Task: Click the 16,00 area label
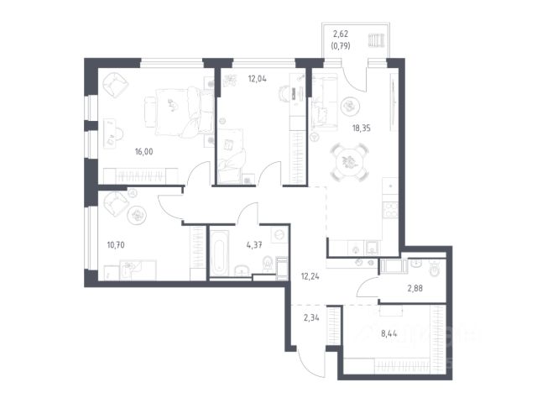point(143,151)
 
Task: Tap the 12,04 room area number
point(258,79)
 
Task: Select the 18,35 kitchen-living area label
point(362,128)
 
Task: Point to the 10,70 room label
point(116,245)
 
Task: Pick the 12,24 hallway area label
point(310,276)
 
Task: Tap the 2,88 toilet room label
point(414,289)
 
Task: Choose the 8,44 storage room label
point(389,333)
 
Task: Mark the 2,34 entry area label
point(311,318)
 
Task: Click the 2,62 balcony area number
point(341,34)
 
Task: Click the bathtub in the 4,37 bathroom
point(219,253)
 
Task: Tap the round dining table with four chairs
point(350,161)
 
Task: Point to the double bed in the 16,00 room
point(179,113)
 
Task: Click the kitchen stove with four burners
point(390,210)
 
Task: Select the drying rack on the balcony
point(377,40)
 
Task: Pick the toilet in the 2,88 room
point(435,269)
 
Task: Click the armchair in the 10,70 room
point(116,203)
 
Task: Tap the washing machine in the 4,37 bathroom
point(279,235)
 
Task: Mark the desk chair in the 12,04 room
point(284,92)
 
